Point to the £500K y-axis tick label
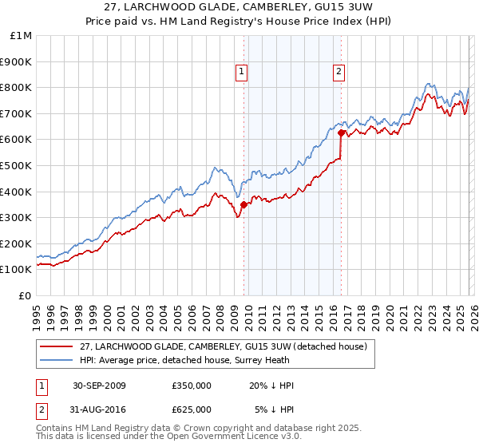[16, 166]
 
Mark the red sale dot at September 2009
[243, 204]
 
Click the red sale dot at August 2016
[341, 133]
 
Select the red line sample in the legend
[57, 346]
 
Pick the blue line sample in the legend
[57, 360]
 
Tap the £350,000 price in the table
[192, 386]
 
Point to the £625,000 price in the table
[192, 409]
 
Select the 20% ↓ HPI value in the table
[271, 386]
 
